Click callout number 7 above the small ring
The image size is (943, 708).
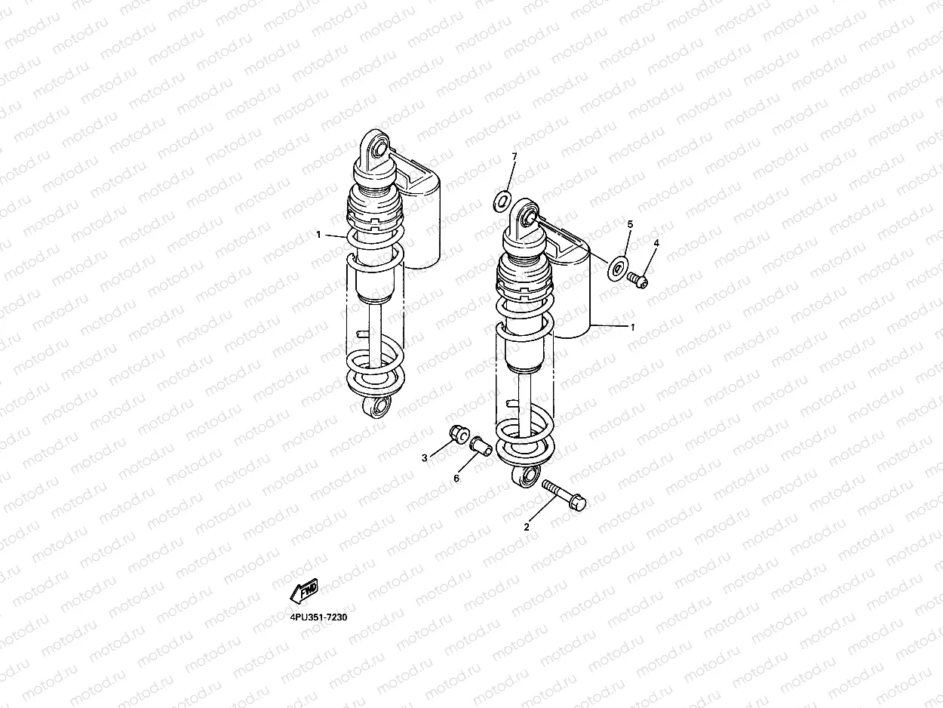tap(515, 156)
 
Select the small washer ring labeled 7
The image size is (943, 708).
tap(502, 202)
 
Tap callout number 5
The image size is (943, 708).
tap(630, 224)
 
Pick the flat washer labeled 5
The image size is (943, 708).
tap(618, 269)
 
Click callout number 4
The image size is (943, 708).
tap(656, 243)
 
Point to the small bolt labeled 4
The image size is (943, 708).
tap(637, 280)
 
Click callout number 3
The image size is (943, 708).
tap(425, 458)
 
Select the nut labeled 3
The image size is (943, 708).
tap(459, 435)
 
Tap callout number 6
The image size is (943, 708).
tap(456, 479)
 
